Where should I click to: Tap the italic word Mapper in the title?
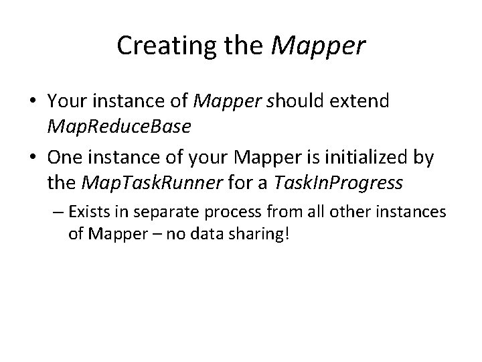319,46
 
